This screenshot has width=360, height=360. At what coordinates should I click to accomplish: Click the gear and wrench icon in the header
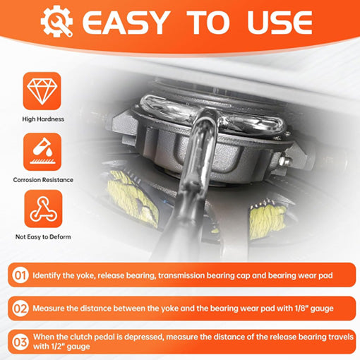56,21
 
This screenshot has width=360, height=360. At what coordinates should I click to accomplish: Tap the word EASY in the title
126,23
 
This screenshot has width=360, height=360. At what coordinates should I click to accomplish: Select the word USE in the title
280,23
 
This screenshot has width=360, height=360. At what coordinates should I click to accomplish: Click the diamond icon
42,91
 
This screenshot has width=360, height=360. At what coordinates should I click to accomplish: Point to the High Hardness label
43,119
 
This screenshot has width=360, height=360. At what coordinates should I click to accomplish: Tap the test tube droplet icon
42,152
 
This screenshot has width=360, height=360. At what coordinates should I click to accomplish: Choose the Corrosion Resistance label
43,180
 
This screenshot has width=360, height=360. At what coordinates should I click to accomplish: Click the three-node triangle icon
43,209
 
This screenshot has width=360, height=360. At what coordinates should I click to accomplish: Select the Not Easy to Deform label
43,236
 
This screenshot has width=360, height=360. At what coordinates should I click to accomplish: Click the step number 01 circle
20,275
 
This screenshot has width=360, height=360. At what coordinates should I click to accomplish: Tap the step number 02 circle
20,308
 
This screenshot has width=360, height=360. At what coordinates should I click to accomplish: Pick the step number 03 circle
20,342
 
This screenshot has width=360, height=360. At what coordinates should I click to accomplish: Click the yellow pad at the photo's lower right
267,220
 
